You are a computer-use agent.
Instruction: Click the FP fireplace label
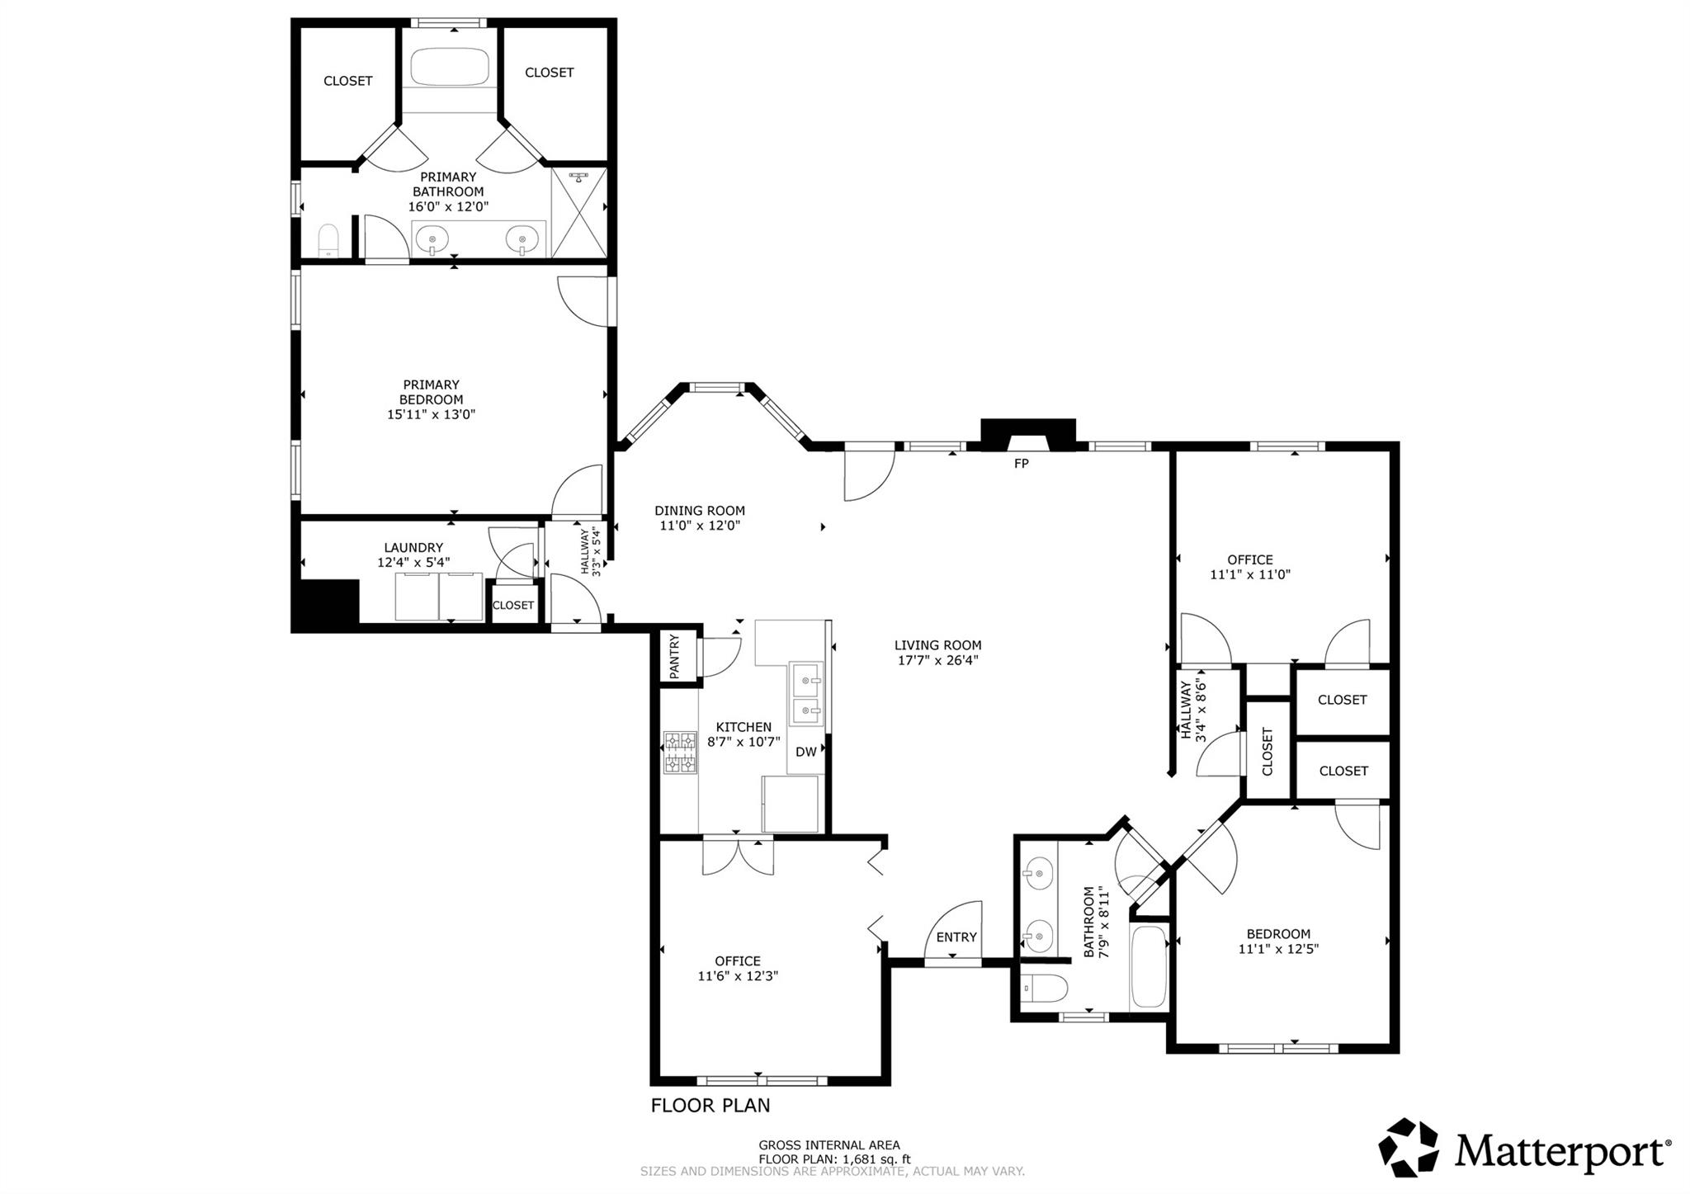1021,464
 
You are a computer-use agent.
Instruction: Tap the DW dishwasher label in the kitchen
805,752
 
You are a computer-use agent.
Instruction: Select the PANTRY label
675,657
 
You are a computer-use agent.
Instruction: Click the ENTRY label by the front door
956,937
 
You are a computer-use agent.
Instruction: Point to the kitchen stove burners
681,752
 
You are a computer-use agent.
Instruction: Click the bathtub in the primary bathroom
450,67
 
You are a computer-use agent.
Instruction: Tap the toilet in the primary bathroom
329,241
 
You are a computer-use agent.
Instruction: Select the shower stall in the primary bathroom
578,214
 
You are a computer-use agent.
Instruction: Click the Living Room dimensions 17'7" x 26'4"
937,660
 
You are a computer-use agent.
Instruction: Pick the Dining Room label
700,511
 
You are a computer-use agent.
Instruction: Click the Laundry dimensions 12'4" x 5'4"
413,563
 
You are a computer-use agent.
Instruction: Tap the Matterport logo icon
1409,1148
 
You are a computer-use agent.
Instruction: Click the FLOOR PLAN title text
710,1105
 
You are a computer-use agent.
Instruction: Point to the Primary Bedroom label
431,392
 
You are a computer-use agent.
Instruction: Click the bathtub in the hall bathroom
1149,966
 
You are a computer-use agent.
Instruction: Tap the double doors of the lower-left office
739,856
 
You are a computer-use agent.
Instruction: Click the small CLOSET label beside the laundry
513,605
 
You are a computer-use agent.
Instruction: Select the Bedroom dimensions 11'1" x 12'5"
1278,949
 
